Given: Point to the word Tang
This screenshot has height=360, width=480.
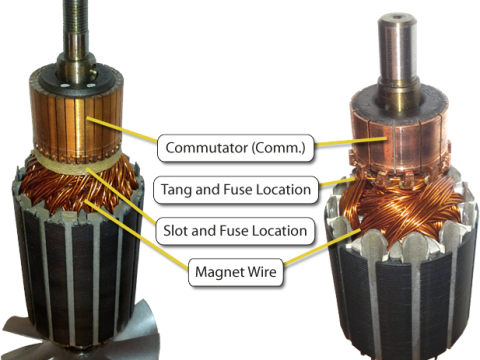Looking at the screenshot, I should tap(178, 187).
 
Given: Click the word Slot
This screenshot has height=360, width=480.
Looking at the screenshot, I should tap(178, 231).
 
